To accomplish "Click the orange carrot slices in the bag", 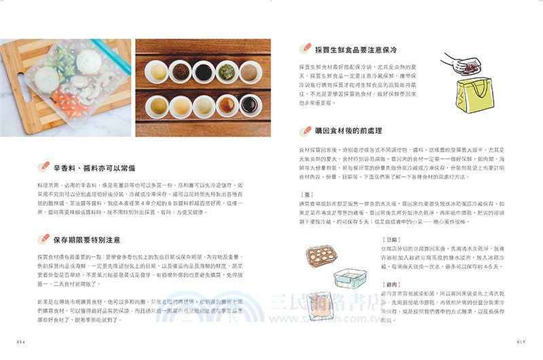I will (x=67, y=106).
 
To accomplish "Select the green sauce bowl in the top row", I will (x=226, y=71).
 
